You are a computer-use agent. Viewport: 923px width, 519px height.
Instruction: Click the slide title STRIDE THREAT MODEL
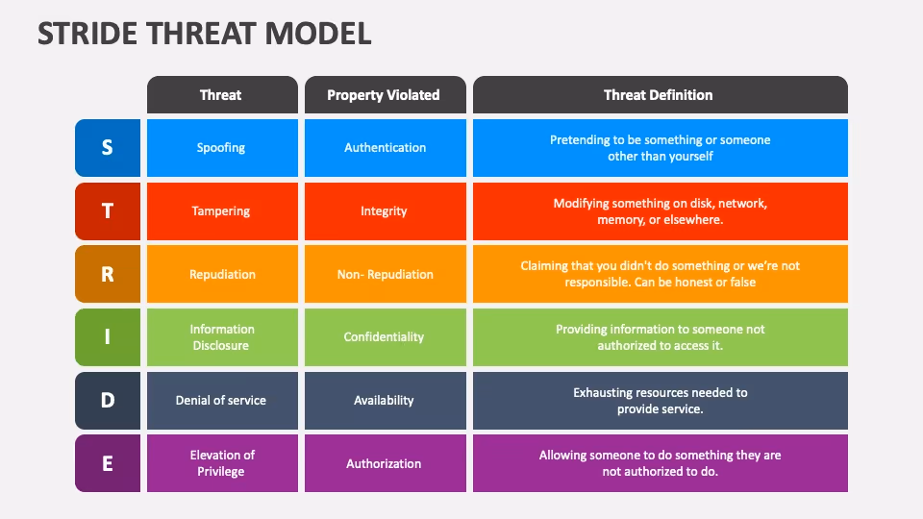(x=204, y=34)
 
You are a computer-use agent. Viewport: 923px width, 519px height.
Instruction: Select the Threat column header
(x=221, y=95)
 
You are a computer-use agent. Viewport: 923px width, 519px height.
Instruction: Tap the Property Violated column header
(x=384, y=95)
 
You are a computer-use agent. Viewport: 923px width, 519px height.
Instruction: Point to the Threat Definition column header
(x=659, y=95)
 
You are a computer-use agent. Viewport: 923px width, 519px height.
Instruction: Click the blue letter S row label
(x=108, y=148)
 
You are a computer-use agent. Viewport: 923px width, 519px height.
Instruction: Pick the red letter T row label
(x=108, y=211)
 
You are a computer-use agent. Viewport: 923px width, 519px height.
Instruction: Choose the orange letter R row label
(x=108, y=274)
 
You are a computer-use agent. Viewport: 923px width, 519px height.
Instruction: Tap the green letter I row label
(x=108, y=337)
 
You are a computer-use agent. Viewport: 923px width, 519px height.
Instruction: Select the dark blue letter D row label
(x=108, y=400)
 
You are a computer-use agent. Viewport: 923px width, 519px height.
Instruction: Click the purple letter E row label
(x=108, y=463)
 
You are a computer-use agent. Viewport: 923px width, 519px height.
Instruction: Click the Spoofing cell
(x=221, y=148)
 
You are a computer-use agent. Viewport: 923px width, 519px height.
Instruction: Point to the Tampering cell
(x=221, y=211)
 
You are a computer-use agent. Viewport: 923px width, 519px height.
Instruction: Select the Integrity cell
(x=384, y=211)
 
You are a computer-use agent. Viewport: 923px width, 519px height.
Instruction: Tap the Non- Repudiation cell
(x=385, y=274)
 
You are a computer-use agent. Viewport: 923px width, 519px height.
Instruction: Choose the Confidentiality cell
(x=384, y=337)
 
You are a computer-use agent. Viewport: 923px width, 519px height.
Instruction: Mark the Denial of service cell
(x=221, y=400)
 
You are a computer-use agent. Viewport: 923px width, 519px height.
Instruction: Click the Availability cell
(x=384, y=400)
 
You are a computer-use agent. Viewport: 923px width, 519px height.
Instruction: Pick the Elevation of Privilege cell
(x=221, y=463)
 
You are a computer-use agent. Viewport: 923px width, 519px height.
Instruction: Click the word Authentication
(x=385, y=148)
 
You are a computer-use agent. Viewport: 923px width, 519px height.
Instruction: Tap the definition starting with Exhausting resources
(x=660, y=400)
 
